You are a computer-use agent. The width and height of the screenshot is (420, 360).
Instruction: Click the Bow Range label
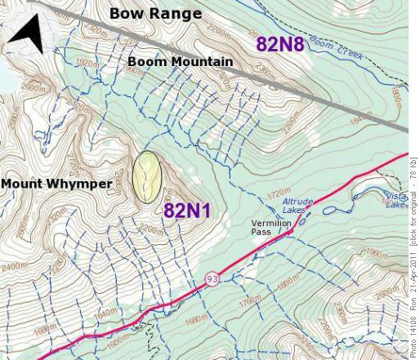pos(155,14)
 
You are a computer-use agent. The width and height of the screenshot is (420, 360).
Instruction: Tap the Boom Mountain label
pos(180,61)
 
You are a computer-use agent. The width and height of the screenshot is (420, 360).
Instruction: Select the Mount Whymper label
pos(56,184)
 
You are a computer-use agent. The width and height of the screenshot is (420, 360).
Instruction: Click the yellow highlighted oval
pos(147,176)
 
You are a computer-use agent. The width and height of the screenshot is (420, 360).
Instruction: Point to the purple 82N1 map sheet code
pos(187,211)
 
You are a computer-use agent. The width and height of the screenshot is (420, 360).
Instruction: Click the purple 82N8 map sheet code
pos(279,44)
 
